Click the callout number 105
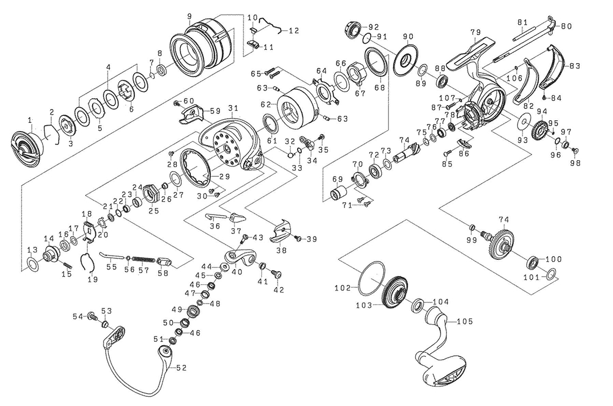point(464,321)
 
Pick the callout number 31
point(233,107)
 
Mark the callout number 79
point(474,33)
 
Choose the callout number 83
point(575,66)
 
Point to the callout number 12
point(294,31)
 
